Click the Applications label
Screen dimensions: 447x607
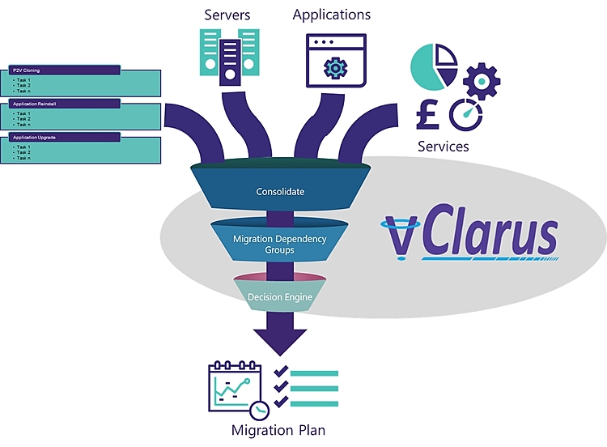[332, 15]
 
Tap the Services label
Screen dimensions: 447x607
[444, 147]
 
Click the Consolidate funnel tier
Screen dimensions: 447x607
[280, 192]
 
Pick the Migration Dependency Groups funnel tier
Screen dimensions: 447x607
[279, 244]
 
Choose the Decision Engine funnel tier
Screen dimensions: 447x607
[279, 296]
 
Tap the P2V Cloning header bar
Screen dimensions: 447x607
[64, 70]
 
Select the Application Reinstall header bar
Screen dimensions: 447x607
[64, 104]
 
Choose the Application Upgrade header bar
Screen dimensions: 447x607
[64, 138]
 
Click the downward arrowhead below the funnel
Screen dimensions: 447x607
[279, 340]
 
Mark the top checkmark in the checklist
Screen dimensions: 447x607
[282, 372]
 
